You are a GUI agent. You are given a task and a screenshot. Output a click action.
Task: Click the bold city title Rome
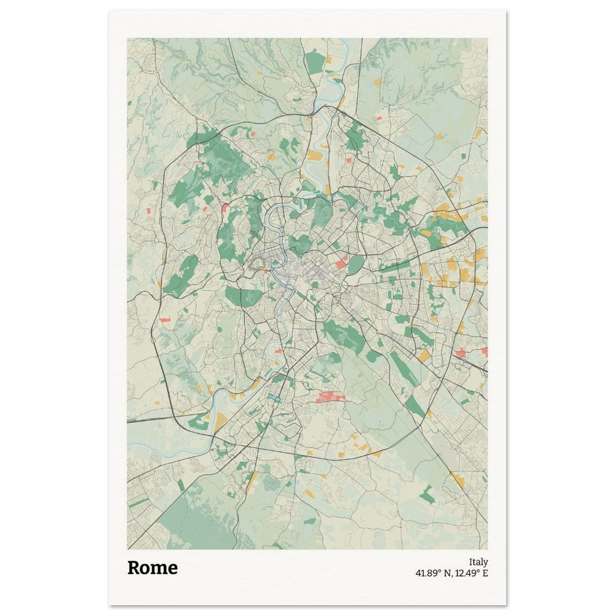pos(152,568)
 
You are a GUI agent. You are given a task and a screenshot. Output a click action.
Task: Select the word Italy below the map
pos(478,561)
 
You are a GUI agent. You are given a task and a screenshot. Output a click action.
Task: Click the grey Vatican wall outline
pos(258,264)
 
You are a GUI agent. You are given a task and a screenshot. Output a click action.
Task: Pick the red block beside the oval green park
pos(341,263)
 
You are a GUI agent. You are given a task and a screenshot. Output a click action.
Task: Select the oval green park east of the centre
pos(355,264)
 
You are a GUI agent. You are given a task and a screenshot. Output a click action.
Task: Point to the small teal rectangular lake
pos(274,400)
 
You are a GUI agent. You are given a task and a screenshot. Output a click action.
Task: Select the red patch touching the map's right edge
pos(484,352)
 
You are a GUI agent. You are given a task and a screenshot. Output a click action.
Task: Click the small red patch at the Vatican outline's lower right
pos(266,271)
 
